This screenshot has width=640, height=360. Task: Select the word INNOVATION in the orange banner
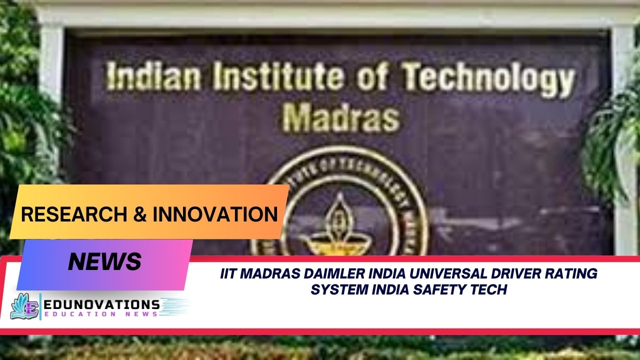215,214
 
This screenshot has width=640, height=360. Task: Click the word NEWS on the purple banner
105,261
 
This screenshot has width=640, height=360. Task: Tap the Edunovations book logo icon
24,306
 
